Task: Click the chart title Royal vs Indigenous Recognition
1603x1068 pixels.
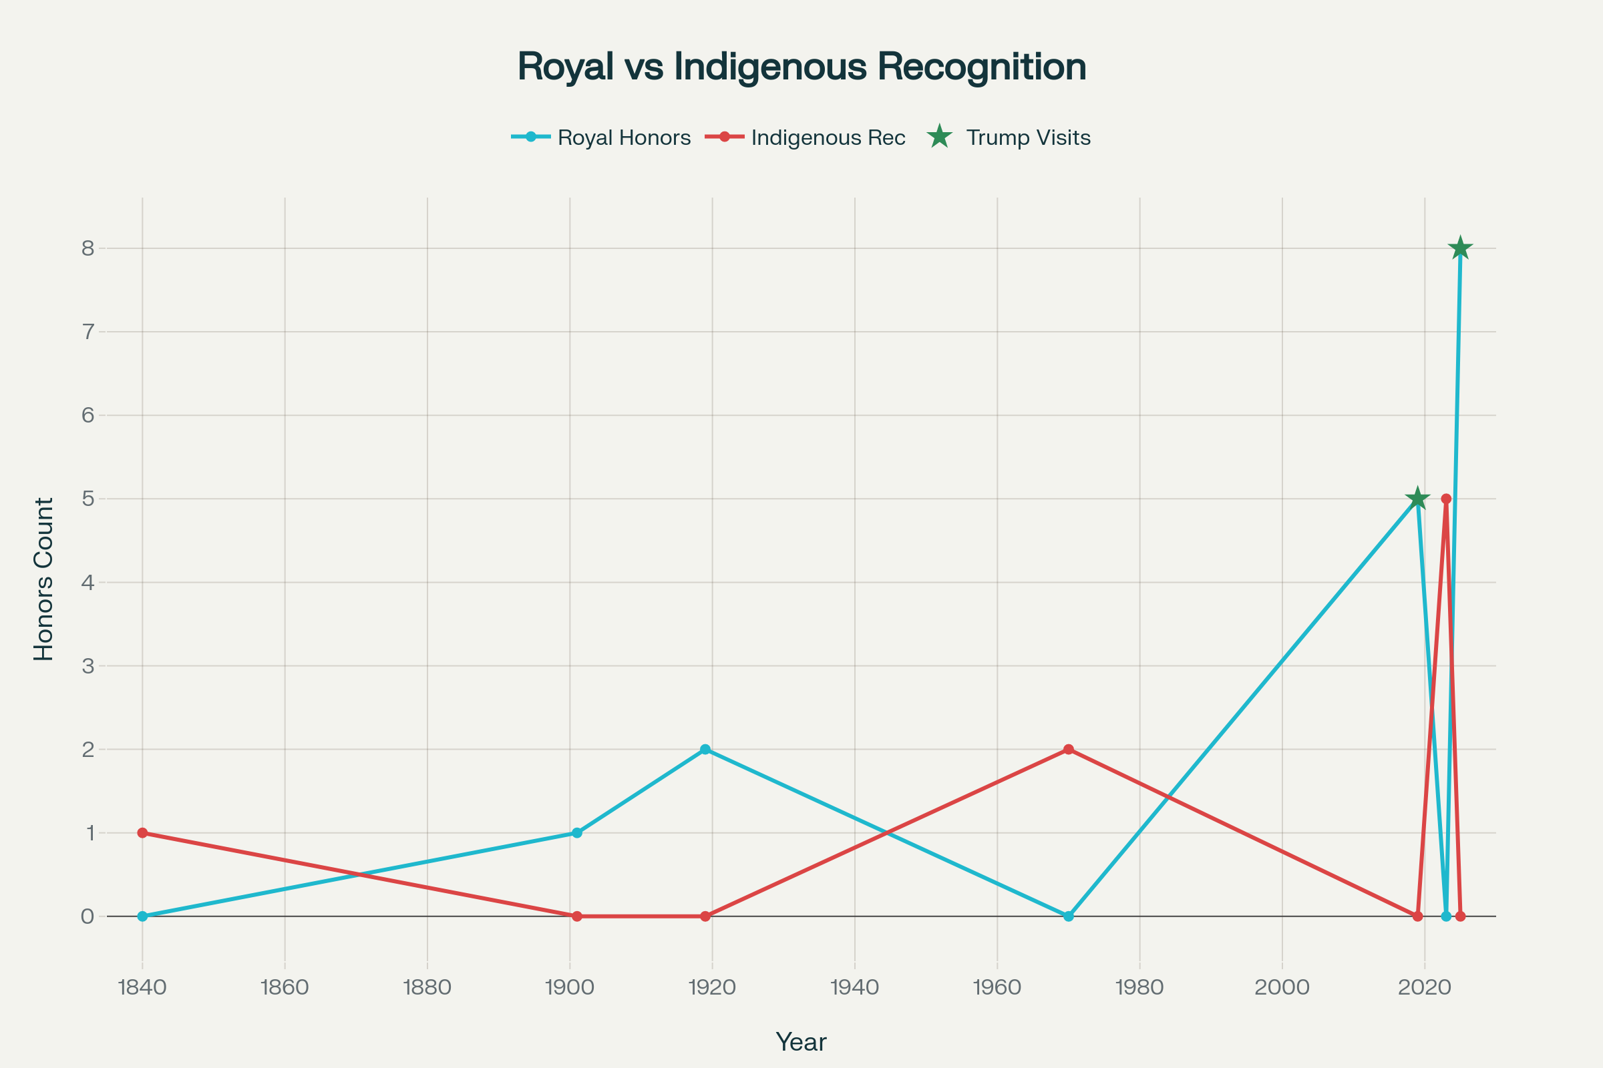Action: coord(801,67)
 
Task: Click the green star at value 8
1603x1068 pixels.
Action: coord(1460,248)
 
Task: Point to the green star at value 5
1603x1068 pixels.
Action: coord(1417,499)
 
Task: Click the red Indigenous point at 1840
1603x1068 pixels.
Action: coord(142,833)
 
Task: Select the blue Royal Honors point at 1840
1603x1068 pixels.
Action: coord(142,916)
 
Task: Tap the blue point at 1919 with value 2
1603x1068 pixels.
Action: coord(705,749)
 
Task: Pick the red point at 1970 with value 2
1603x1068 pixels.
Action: coord(1069,749)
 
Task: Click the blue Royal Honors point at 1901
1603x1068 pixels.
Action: coord(577,833)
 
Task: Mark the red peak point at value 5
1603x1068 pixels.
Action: coord(1446,499)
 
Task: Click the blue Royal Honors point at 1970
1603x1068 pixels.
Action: coord(1069,916)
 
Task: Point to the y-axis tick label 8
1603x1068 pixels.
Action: coord(87,248)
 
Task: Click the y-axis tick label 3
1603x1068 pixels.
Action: coord(87,666)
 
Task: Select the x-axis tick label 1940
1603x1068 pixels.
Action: coord(855,988)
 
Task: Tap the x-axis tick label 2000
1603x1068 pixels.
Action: coord(1282,988)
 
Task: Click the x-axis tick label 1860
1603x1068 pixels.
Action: coord(285,988)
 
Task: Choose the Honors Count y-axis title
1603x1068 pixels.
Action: coord(43,579)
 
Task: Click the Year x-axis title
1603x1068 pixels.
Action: coord(801,1042)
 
